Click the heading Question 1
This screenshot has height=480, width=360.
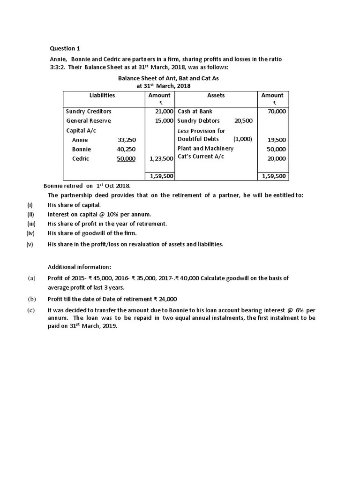pos(62,48)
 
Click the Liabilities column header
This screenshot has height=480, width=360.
pos(102,95)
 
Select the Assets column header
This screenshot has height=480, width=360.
pos(216,95)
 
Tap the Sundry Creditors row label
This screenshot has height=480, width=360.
pos(89,112)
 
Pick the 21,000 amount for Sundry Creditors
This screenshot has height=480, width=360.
pos(165,112)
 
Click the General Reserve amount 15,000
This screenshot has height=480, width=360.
pos(165,121)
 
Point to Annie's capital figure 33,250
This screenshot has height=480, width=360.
pos(127,140)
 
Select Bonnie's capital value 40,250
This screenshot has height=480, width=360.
pos(127,149)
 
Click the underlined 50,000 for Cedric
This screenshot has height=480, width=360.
pos(127,158)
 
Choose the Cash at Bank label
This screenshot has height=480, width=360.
pos(195,112)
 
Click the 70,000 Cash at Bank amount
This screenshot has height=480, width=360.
pos(276,112)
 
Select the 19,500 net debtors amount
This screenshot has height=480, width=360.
pos(277,140)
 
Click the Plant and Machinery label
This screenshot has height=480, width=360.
pos(205,149)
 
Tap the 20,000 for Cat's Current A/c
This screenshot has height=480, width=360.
pos(277,158)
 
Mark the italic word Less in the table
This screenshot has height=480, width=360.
pos(183,131)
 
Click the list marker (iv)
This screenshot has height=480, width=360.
pos(30,233)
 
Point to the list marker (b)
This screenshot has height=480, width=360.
pos(32,299)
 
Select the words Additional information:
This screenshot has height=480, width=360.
pos(79,267)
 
